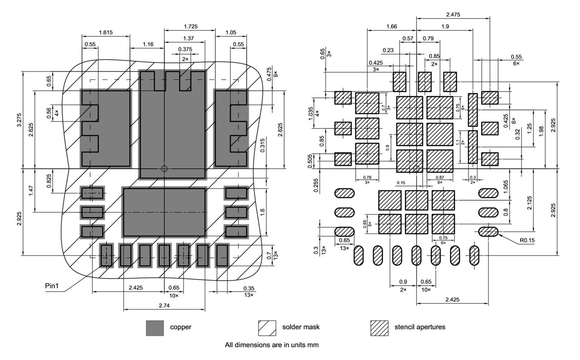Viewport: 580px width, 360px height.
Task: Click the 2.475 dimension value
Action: tap(453, 15)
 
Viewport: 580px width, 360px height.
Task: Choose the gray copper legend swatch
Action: tap(155, 328)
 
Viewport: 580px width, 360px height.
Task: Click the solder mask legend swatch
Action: tap(267, 328)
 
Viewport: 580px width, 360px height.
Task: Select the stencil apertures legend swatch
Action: tap(379, 328)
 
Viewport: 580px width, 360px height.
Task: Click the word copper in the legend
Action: tap(180, 327)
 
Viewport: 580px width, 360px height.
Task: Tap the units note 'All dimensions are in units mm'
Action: tap(272, 345)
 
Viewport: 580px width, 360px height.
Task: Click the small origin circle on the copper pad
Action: tap(164, 169)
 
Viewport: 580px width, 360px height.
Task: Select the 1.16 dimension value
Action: tap(147, 44)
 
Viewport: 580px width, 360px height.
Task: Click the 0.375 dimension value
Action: tap(184, 49)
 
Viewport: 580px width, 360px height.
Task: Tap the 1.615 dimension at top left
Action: tap(106, 32)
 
